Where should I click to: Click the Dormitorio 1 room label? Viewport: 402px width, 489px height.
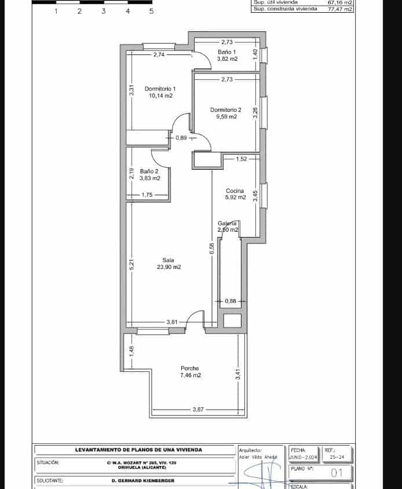(x=160, y=89)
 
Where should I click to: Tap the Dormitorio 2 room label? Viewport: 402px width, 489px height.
(x=225, y=110)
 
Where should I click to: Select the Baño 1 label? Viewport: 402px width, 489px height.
(x=227, y=52)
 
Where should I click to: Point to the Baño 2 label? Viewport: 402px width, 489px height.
(x=149, y=171)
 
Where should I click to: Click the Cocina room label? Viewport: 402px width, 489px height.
(x=235, y=191)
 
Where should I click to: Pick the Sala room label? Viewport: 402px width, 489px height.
(x=169, y=260)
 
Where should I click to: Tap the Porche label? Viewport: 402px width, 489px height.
(x=189, y=368)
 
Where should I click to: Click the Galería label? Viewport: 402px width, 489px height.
(x=227, y=224)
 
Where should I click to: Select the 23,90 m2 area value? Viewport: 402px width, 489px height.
(x=169, y=267)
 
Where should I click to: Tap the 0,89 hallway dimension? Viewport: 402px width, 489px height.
(x=181, y=138)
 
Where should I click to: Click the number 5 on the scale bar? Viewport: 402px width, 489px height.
(x=151, y=11)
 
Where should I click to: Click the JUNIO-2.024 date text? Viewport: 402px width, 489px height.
(x=304, y=457)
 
